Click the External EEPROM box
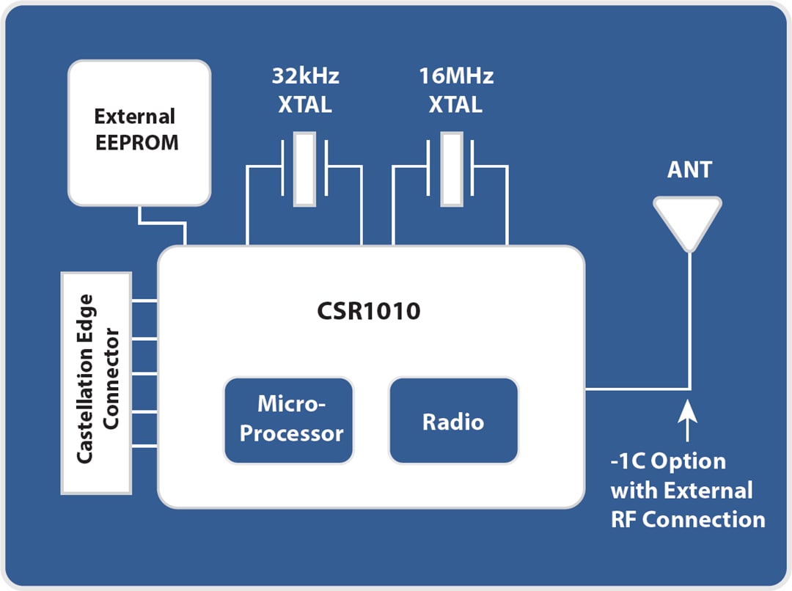pos(139,132)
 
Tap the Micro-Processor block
pos(288,419)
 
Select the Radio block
pos(453,421)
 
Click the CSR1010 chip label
pos(369,311)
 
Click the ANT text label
pos(689,170)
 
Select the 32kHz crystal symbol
pos(304,169)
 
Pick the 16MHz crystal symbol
pos(451,169)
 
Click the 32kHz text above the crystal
pos(305,76)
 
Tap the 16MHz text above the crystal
pos(455,76)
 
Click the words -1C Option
pos(668,462)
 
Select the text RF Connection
pos(688,520)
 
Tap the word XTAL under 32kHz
pos(305,104)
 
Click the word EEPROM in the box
pos(136,142)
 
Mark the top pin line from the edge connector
pos(145,301)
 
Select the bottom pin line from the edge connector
pos(145,447)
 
